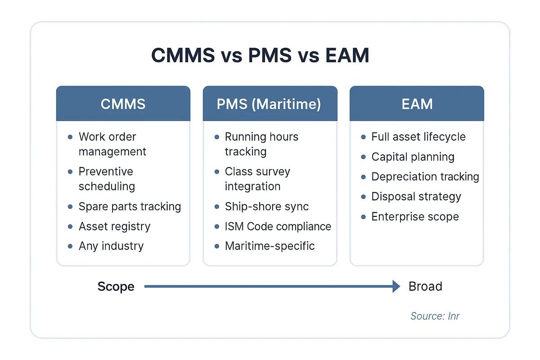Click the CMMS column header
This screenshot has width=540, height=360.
(123, 104)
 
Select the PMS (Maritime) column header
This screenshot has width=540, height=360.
(269, 104)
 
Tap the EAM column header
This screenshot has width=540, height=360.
(417, 104)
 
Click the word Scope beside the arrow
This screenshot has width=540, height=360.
(116, 287)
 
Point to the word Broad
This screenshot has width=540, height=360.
(425, 287)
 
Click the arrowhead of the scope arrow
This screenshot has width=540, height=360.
(396, 286)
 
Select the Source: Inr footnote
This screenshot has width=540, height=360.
(435, 316)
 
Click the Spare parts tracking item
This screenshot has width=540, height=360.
(130, 207)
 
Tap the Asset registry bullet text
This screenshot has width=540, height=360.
(114, 226)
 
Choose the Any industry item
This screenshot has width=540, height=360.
(111, 246)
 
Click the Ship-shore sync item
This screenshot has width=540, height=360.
(267, 207)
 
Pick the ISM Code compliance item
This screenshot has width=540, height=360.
(278, 226)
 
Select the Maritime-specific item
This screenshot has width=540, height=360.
(270, 246)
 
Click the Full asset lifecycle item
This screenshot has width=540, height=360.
(418, 137)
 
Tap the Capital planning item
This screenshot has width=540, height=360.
(413, 157)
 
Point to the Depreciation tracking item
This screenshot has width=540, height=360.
(425, 176)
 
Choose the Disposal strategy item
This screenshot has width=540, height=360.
(416, 197)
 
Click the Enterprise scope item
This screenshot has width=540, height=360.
(415, 216)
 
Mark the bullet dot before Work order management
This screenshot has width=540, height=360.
(70, 137)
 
